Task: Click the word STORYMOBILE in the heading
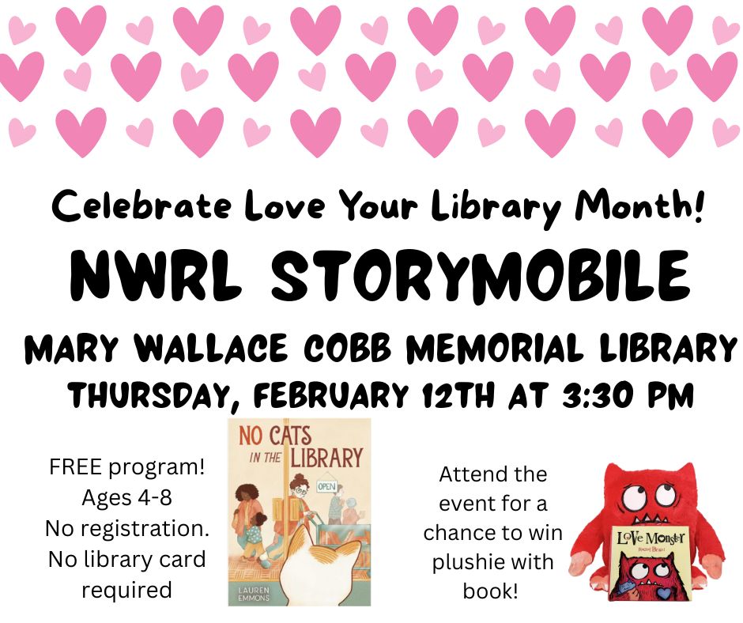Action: point(480,275)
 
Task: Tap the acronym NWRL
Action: point(153,275)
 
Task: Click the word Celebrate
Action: point(141,206)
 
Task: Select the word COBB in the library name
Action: point(347,349)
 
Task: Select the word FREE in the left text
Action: point(75,467)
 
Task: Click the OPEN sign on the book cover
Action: point(326,486)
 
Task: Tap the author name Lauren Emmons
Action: point(254,594)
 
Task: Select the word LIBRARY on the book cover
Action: point(326,459)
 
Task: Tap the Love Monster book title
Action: point(651,538)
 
